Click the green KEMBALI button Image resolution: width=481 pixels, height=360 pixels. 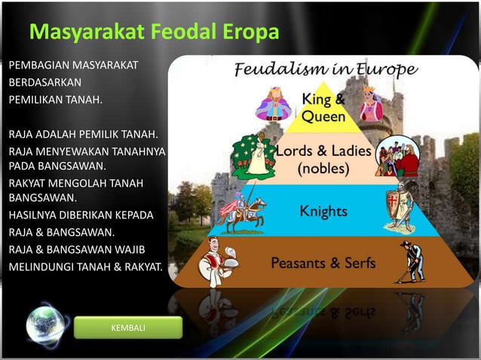coord(128,328)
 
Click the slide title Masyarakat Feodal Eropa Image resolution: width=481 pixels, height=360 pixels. coord(155,34)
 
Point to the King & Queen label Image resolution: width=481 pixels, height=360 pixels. coord(324,107)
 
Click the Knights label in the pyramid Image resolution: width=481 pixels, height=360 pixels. coord(323,212)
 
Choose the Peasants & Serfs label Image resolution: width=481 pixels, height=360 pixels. coord(323,264)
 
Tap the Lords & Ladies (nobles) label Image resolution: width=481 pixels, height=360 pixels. coord(323,159)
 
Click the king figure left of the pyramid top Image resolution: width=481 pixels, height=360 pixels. coord(273,104)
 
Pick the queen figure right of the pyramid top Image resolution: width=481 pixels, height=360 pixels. coord(370,103)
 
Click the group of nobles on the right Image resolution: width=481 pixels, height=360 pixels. coord(396,156)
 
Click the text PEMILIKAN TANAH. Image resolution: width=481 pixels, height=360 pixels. coord(55,99)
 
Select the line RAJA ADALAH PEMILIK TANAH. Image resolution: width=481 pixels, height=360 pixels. coord(83,135)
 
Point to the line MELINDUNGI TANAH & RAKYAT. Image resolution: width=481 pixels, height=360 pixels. coord(85,264)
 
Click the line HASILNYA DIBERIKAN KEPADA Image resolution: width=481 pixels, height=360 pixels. coord(81,215)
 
